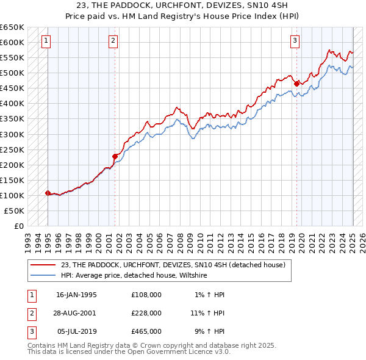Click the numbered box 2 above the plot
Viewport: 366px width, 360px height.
113,41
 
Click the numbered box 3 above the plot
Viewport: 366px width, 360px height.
295,41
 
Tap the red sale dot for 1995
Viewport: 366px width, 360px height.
48,193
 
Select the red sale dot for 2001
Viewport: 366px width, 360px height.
115,156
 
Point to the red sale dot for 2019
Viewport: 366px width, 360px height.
296,84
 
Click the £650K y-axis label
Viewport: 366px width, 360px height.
12,27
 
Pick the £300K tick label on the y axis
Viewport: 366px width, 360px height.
12,134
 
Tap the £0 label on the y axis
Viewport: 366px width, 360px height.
18,226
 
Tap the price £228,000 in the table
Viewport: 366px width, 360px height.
146,313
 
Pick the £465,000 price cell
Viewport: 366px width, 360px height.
146,331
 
